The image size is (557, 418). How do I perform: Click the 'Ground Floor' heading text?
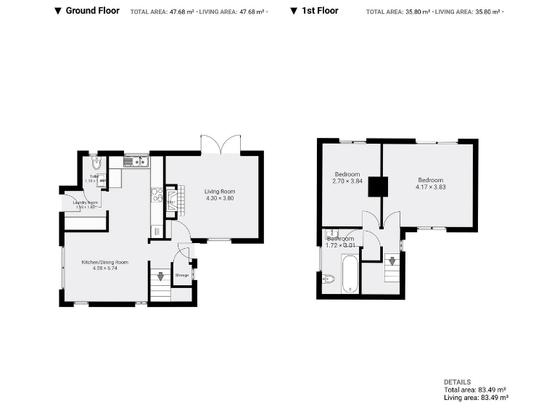[92, 11]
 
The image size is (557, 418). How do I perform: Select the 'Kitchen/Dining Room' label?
[105, 262]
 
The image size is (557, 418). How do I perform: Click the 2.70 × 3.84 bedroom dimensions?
[347, 181]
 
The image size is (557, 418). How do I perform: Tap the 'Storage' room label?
[182, 275]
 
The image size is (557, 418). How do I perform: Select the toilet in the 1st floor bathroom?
[327, 278]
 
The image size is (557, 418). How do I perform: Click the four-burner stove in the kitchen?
[156, 194]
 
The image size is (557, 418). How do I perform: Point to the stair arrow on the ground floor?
[160, 276]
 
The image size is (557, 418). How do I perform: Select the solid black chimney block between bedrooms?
[376, 187]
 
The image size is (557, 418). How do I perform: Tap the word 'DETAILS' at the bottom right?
[457, 382]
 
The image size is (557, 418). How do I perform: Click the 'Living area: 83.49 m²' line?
[476, 398]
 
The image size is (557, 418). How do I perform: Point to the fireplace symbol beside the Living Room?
[171, 200]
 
